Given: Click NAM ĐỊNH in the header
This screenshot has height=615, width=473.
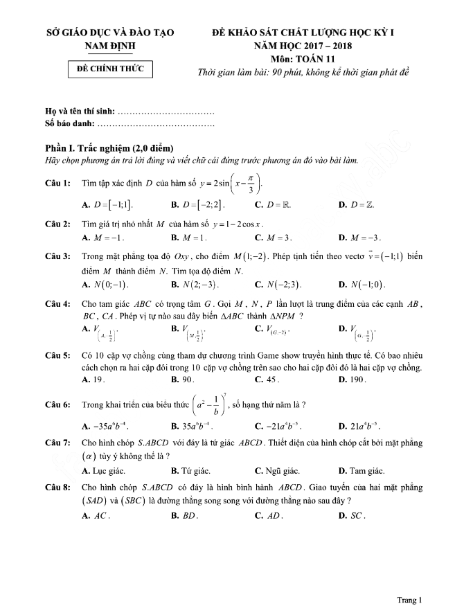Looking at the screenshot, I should (x=109, y=46).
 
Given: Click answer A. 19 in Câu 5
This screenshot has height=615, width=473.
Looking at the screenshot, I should (x=93, y=380).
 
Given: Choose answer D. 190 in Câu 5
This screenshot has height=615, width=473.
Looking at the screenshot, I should (x=351, y=380).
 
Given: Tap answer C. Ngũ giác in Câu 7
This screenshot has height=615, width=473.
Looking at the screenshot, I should (x=278, y=471).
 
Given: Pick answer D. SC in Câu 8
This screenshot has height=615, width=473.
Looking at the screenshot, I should (x=352, y=516).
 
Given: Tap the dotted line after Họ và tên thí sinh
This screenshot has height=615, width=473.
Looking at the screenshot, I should (x=167, y=112).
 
